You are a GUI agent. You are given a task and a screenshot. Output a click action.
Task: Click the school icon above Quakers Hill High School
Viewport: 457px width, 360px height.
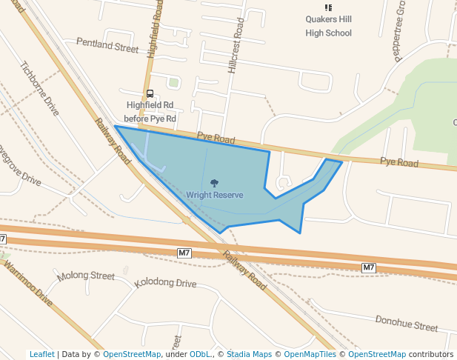(x=329, y=7)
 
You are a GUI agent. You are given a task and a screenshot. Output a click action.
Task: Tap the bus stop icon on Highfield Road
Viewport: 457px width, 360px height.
(x=150, y=94)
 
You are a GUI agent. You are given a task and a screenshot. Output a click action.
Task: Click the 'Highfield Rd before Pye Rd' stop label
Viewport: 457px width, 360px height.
(x=150, y=112)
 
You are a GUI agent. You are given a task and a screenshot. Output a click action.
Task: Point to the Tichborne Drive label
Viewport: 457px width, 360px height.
(x=40, y=88)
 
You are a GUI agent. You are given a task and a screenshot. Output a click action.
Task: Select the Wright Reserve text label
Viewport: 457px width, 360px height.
(x=214, y=195)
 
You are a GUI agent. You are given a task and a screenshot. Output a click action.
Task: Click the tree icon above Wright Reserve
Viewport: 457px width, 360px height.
(x=214, y=182)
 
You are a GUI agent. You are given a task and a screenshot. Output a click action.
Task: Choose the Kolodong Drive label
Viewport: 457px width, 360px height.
(x=165, y=284)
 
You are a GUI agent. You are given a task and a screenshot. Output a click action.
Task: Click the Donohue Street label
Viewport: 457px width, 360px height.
(x=407, y=324)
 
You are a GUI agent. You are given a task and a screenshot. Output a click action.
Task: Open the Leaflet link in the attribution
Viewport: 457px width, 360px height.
(x=41, y=354)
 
